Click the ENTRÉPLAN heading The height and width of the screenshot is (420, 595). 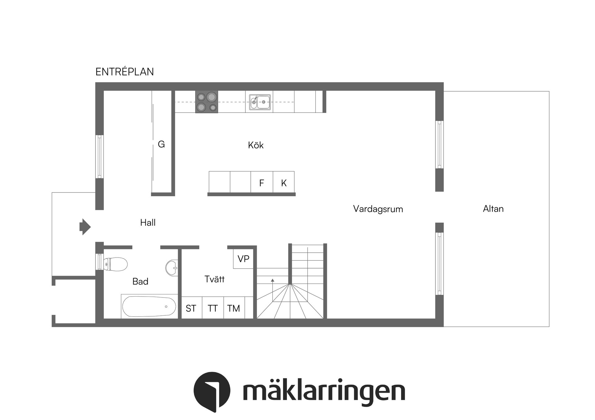tap(125, 72)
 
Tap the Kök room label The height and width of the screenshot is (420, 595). tap(256, 145)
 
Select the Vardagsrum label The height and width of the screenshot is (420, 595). tap(378, 209)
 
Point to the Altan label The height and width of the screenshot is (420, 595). tap(493, 209)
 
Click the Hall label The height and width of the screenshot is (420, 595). tap(148, 223)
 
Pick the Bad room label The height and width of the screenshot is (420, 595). tap(140, 281)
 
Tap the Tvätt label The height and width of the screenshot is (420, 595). tap(214, 279)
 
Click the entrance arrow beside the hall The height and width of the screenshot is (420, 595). tap(85, 227)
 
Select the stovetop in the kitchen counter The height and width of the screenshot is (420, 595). tap(207, 102)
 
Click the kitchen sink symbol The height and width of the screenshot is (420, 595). tap(260, 102)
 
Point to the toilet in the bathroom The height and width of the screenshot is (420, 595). tap(115, 264)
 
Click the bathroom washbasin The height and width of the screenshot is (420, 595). tap(172, 267)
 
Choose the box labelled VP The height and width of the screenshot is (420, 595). tap(244, 259)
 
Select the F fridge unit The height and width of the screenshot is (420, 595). tap(262, 183)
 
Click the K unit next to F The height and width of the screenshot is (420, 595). tap(284, 183)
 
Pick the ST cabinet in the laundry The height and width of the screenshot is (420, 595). tap(191, 308)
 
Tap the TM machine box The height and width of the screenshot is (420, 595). tap(234, 308)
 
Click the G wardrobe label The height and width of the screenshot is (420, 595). tap(161, 144)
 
